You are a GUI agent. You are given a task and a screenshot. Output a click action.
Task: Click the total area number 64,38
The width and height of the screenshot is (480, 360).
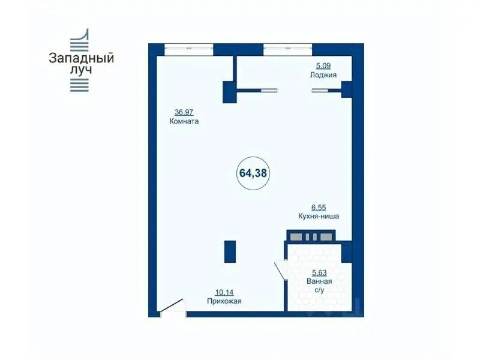(253, 173)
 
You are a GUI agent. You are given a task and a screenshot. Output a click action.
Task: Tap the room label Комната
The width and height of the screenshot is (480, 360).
(184, 121)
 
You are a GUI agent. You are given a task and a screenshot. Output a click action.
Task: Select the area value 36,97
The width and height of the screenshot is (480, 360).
(184, 112)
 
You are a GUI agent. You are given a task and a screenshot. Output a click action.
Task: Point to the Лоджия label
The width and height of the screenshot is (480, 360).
(323, 74)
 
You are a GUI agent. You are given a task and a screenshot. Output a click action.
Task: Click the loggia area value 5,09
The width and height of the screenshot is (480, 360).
(323, 66)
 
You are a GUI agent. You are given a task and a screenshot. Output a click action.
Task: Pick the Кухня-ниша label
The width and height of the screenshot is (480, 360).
(319, 216)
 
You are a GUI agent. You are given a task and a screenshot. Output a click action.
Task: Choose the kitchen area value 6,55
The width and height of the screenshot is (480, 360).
(319, 208)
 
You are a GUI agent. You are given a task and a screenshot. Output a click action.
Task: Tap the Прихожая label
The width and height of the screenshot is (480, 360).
(224, 301)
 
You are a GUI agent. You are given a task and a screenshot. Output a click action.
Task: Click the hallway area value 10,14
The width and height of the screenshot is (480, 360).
(224, 292)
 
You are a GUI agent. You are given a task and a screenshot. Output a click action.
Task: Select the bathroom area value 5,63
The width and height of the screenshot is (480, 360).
(319, 272)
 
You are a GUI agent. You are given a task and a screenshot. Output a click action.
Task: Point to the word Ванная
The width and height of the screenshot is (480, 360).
(319, 281)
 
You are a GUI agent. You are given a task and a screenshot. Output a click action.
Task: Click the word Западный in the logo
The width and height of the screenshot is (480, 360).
(82, 58)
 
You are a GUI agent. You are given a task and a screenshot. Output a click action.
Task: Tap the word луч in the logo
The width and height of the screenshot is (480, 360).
(81, 70)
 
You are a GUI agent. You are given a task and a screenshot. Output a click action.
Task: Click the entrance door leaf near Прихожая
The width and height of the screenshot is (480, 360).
(172, 305)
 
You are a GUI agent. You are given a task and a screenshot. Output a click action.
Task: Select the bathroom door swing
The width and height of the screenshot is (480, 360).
(280, 269)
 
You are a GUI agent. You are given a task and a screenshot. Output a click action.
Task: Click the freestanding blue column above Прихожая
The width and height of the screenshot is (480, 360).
(230, 251)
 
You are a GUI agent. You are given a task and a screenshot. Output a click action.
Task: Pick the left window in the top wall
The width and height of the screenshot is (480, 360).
(188, 49)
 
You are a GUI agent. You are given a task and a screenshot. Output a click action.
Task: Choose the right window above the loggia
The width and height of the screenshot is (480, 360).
(288, 49)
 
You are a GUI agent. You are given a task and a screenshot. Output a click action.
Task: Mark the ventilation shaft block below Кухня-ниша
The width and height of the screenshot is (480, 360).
(311, 236)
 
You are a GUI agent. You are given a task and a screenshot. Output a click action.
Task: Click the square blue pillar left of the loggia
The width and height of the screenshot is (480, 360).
(230, 92)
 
